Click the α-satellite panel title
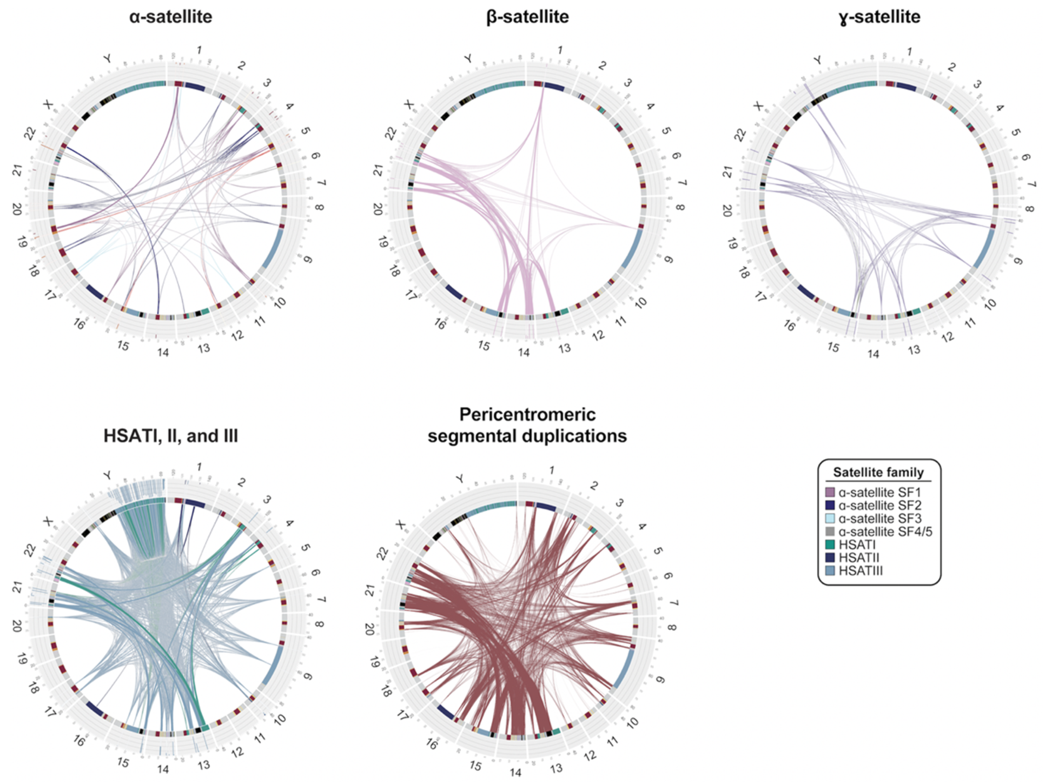point(170,17)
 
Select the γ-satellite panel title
point(879,17)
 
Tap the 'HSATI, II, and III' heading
point(170,435)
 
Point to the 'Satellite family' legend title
point(878,472)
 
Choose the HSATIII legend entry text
point(861,571)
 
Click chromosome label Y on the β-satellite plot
point(468,59)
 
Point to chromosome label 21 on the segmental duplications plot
point(370,590)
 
